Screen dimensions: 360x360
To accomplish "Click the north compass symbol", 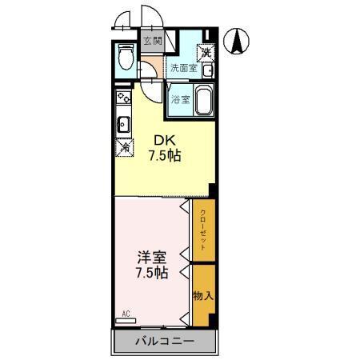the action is [x=236, y=42].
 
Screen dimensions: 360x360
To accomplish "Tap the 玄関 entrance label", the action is [x=153, y=41].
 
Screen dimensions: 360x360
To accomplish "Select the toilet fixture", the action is [x=126, y=57].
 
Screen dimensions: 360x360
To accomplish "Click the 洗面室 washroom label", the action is [x=184, y=68].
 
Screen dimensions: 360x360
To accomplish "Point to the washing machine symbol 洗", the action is [x=206, y=52].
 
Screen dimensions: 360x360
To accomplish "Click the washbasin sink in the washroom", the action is [x=207, y=70].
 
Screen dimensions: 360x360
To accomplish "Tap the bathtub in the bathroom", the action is [x=204, y=100].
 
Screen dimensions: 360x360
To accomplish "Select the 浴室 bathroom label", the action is [x=181, y=100].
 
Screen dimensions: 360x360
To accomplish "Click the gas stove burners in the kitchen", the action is [x=123, y=97].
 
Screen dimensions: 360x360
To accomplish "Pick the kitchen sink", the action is [x=123, y=125].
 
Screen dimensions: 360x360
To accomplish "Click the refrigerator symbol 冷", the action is [x=125, y=147].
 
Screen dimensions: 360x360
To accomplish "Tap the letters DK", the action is [x=165, y=140].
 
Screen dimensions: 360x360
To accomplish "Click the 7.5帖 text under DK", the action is [x=165, y=156].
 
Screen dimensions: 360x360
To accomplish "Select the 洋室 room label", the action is [x=152, y=257].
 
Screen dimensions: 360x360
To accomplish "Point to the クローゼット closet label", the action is [x=203, y=230].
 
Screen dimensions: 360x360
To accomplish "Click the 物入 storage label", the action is [x=203, y=296].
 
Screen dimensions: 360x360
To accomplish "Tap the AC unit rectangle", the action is [x=126, y=321].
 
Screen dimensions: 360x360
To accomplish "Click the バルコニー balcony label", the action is [x=165, y=342].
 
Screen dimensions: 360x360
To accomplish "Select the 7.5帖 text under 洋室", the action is [x=152, y=273].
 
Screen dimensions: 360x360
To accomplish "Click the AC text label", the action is [x=126, y=314].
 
